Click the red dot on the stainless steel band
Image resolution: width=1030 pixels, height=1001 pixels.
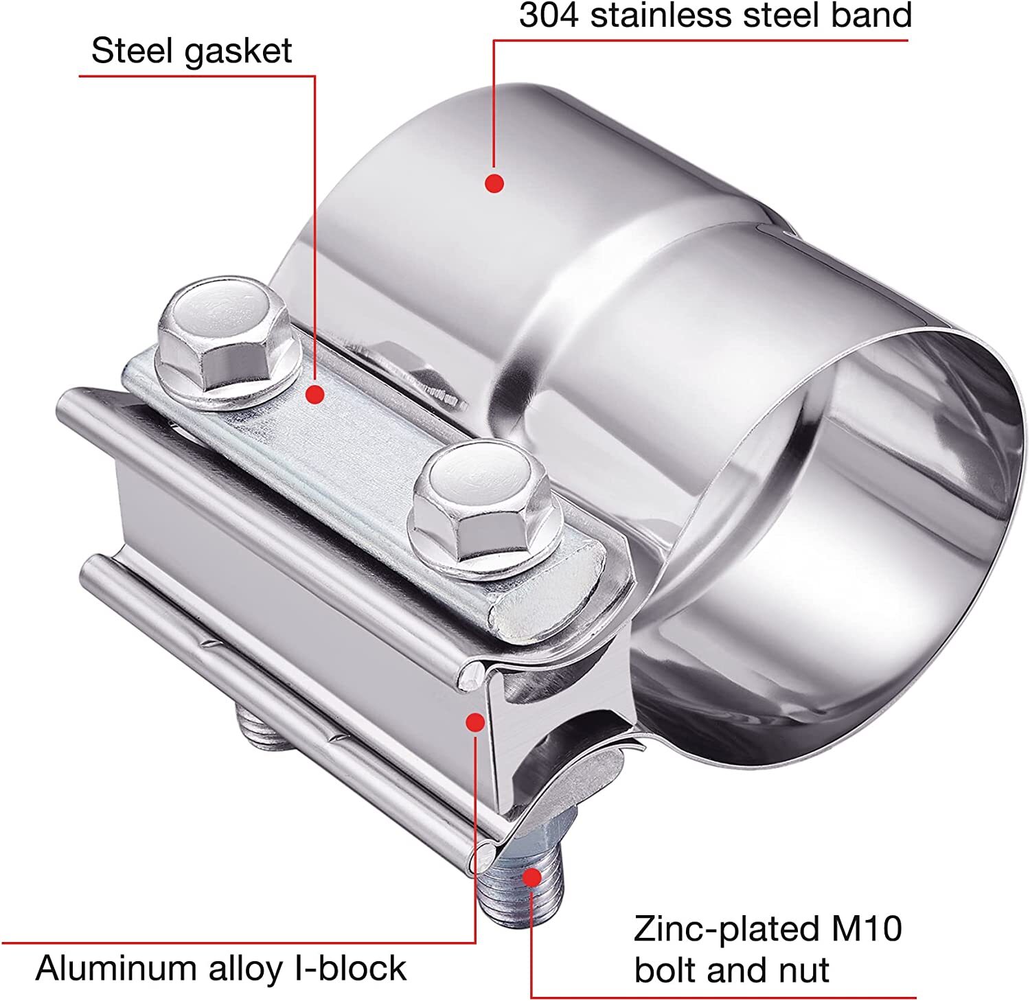[494, 183]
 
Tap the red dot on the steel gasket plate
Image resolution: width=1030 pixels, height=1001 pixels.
[315, 394]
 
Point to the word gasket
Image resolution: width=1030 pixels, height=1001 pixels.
[237, 52]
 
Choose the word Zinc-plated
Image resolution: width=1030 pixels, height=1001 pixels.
[722, 931]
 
